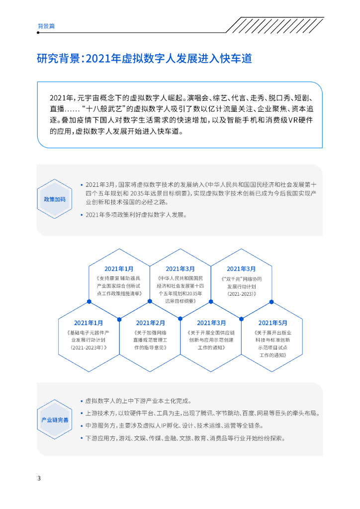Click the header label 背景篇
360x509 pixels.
tap(46, 26)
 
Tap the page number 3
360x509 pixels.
tap(39, 478)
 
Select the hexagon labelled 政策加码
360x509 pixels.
tap(55, 199)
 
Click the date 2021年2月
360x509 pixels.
tap(150, 323)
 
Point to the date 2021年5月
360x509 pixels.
tap(272, 323)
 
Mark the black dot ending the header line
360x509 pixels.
tap(38, 33)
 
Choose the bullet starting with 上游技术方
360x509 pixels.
tap(201, 414)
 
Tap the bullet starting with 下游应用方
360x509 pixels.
tap(184, 438)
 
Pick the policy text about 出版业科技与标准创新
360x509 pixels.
tap(272, 343)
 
